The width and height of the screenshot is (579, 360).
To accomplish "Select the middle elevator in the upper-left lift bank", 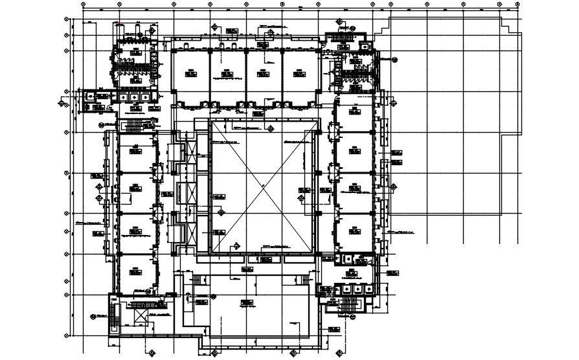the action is [x=134, y=96].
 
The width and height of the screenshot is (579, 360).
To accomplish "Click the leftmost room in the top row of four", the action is [x=190, y=76].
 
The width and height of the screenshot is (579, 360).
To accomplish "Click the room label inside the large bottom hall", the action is [x=244, y=301].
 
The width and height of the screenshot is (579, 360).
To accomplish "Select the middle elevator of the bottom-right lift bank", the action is [x=352, y=273].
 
